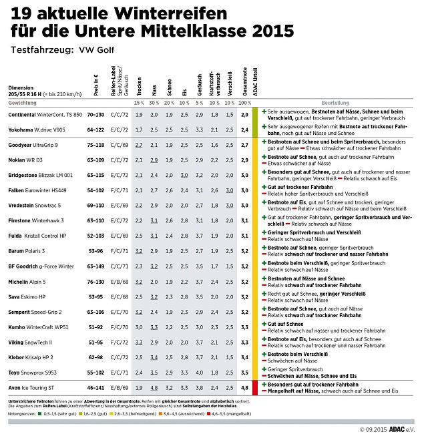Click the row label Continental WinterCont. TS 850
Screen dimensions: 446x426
coord(45,115)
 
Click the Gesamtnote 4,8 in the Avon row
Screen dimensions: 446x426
coord(244,387)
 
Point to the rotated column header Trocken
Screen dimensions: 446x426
coord(139,87)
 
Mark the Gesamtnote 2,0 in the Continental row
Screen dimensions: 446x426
coord(244,115)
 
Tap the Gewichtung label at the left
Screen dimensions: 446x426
coord(23,103)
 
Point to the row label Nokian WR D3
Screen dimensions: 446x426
coord(25,160)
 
